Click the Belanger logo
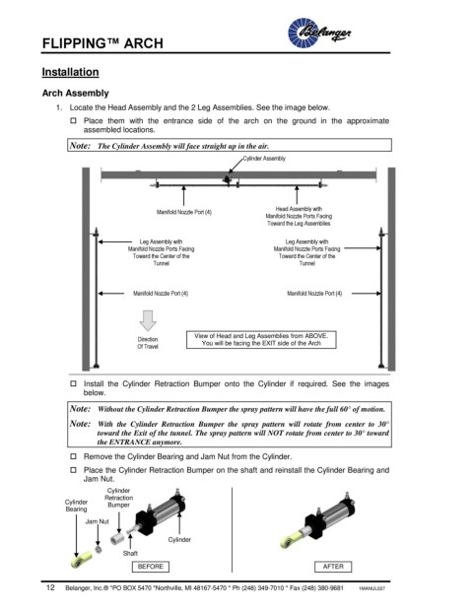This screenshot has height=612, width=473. (x=319, y=33)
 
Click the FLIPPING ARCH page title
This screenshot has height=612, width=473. (x=102, y=43)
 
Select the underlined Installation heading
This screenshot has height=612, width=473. (x=70, y=72)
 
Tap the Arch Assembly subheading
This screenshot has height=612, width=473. (x=75, y=94)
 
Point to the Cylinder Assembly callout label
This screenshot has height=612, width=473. (x=264, y=159)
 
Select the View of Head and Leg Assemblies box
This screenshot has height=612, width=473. (x=261, y=340)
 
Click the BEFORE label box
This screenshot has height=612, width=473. (x=151, y=567)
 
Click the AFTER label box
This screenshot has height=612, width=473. (x=333, y=567)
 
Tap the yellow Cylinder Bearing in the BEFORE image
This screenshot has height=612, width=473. (x=82, y=561)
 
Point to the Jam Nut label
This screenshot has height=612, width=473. (x=98, y=521)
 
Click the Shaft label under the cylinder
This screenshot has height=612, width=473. (x=130, y=553)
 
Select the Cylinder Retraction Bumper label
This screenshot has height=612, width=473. (x=118, y=498)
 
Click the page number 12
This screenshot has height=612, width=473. (x=50, y=587)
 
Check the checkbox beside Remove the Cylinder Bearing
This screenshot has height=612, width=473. (x=73, y=456)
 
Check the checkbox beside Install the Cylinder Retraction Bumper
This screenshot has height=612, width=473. (x=73, y=383)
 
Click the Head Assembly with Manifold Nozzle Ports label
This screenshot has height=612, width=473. (x=299, y=216)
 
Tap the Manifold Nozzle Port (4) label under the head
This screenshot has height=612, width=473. (x=184, y=212)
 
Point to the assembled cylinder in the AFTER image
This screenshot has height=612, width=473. (x=318, y=521)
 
